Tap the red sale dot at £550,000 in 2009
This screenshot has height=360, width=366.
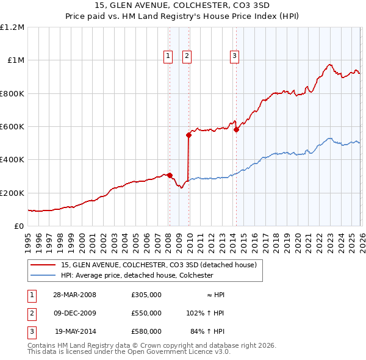188,135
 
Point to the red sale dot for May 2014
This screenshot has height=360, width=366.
236,130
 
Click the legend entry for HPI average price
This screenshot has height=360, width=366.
137,275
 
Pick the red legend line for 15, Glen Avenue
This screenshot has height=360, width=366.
43,265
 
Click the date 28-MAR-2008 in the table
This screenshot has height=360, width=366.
74,295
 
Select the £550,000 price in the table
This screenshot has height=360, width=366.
146,313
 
